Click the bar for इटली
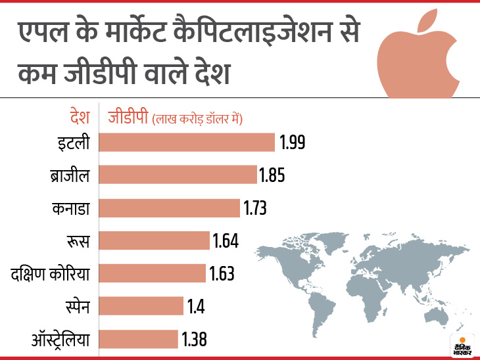point(186,142)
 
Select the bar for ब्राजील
point(178,175)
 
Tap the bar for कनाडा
point(169,208)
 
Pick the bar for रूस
point(154,240)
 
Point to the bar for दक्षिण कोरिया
point(152,273)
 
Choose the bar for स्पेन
point(141,306)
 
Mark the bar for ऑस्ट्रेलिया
point(138,339)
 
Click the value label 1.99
point(293,142)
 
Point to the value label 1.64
point(226,240)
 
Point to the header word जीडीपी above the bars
point(128,118)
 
